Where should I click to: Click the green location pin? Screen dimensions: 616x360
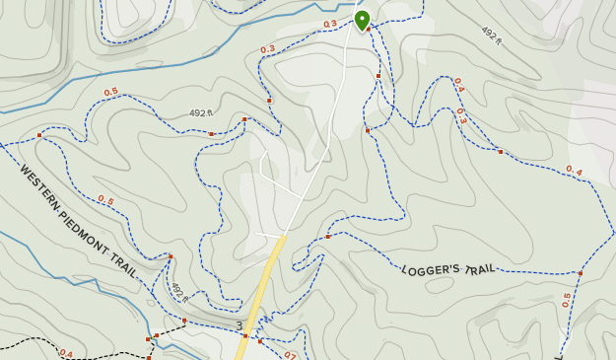[362, 19]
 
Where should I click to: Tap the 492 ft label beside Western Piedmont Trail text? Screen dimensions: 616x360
[177, 292]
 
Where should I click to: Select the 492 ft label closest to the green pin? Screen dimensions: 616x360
[491, 35]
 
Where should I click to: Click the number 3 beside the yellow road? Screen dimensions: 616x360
[239, 325]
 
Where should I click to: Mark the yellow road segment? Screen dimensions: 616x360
[265, 286]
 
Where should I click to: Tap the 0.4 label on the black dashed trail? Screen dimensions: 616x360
[66, 353]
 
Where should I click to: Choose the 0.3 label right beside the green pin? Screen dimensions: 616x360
[329, 24]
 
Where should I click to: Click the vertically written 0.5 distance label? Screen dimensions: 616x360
[567, 299]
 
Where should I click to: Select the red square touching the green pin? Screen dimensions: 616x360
[369, 29]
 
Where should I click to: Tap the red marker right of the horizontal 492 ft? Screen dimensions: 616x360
[211, 134]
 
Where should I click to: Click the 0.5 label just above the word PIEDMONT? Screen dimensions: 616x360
[104, 200]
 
